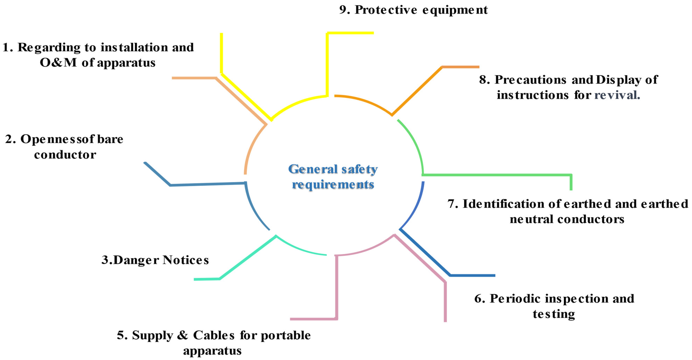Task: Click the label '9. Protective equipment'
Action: coord(413,10)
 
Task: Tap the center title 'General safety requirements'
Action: coord(333,177)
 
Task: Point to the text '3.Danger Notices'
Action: coord(155,260)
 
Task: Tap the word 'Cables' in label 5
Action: coord(214,335)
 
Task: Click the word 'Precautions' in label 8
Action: coord(531,80)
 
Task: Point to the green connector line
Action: coord(497,175)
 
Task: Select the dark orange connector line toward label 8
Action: coord(416,91)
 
